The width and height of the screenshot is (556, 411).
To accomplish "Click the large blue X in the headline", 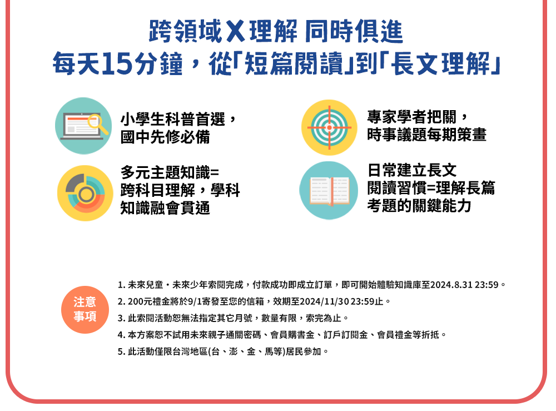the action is coord(235,31).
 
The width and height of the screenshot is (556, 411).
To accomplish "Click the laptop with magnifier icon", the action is coord(84,126).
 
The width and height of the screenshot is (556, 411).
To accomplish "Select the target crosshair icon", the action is coord(329,127).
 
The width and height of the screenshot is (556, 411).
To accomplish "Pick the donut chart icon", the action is coord(85,194).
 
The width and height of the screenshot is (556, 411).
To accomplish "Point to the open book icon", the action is coord(329,190).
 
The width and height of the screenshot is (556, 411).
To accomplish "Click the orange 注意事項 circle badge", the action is coord(85,310).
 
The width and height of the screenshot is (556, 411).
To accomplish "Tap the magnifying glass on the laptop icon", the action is coord(97,123).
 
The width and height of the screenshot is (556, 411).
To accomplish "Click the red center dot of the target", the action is coord(329,127).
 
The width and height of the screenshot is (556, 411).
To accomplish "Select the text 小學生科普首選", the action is coord(173,119).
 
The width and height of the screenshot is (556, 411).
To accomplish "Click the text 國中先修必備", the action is coord(165,137).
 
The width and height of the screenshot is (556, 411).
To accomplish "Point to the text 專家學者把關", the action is coord(411,117).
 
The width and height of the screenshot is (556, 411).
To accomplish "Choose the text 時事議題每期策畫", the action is coord(427,135).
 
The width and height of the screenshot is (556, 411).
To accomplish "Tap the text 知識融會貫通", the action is coord(165,208).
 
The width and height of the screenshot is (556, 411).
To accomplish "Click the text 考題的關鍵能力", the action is coord(419,206).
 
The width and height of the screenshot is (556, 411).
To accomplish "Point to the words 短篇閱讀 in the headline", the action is coord(294,64).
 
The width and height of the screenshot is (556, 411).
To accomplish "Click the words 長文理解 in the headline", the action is coord(440,64).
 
